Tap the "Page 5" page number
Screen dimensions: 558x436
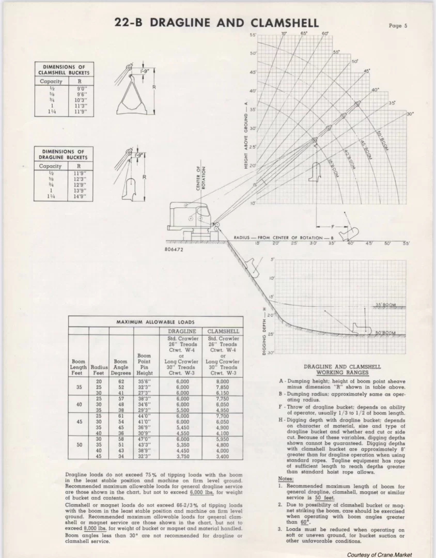coord(398,25)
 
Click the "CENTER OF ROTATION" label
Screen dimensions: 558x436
coord(200,178)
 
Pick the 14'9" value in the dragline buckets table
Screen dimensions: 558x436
coord(79,196)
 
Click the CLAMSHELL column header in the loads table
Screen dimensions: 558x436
coord(223,331)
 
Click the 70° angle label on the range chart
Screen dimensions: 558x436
coord(284,34)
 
